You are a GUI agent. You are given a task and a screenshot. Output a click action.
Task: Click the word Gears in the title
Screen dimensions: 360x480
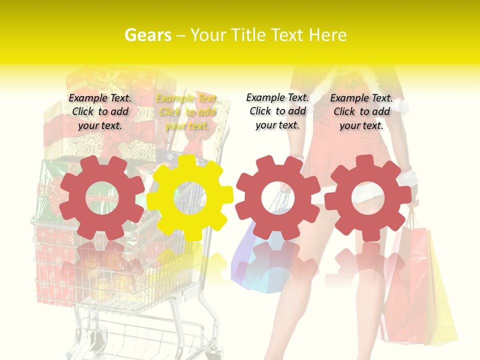point(147,35)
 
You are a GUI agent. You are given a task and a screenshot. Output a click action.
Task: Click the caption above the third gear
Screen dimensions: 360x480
point(277,111)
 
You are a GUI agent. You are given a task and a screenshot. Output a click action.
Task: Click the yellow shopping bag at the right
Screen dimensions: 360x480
point(442,300)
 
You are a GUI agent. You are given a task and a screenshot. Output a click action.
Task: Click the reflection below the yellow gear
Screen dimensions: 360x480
point(190,265)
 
